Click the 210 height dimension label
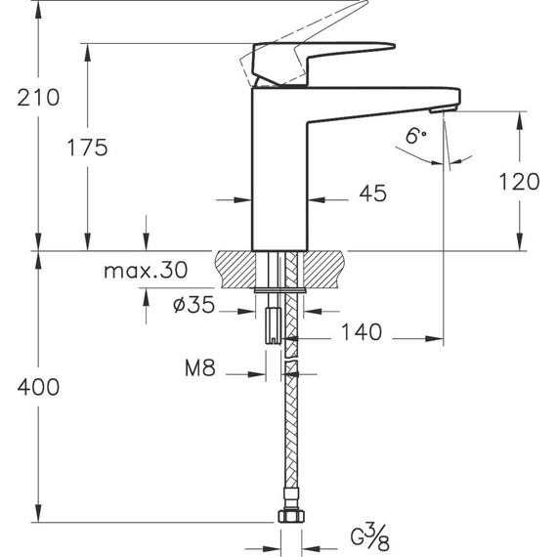tap(38, 98)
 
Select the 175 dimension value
tap(88, 148)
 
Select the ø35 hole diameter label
tap(193, 305)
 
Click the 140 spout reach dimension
tap(361, 333)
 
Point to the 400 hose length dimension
tap(38, 387)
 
